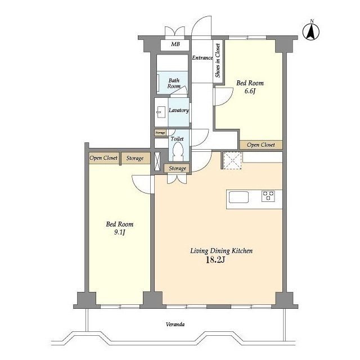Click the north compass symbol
coord(311,31)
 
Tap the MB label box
coord(175,45)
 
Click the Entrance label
coord(202,58)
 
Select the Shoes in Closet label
coord(218,60)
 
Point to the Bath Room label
coord(174,83)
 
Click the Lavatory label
coord(179,110)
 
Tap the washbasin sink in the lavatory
coord(161,112)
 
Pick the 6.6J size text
coord(250,91)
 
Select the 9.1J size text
coord(119,232)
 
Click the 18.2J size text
coord(215,260)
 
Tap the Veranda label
coord(175,325)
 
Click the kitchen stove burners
coord(268,196)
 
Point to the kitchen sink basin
coord(238,197)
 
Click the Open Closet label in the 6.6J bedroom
coord(261,145)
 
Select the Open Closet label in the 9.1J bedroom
coord(103,158)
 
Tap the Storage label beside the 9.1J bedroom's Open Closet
coord(135,158)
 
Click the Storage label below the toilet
coord(177,168)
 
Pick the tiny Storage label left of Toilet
coord(160,133)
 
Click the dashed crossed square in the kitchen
coord(232,160)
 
